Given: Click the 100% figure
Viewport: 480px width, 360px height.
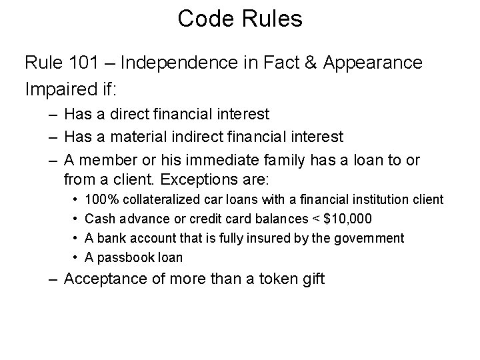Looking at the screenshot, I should [100, 199].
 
